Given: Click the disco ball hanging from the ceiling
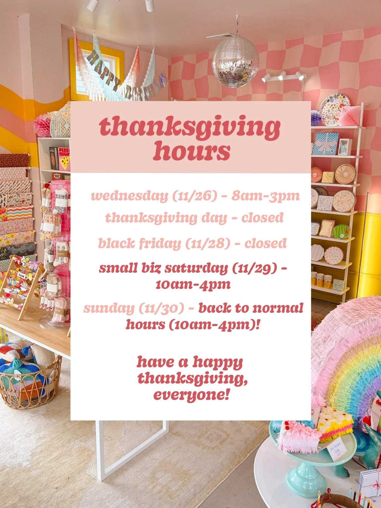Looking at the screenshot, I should (x=236, y=62).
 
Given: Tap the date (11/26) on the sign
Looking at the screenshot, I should (x=195, y=196).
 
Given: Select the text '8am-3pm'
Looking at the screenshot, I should (x=266, y=196).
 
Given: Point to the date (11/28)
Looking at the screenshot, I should (x=208, y=244).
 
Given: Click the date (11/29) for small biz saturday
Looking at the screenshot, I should (x=255, y=269).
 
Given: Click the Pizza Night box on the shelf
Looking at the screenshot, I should (x=64, y=159).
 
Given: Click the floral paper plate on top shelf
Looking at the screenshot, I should (x=334, y=109).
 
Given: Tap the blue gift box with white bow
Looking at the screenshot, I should (x=326, y=144).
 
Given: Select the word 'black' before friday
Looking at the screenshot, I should (x=116, y=243).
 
